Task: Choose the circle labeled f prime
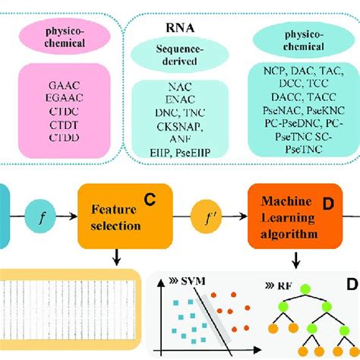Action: [206, 215]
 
